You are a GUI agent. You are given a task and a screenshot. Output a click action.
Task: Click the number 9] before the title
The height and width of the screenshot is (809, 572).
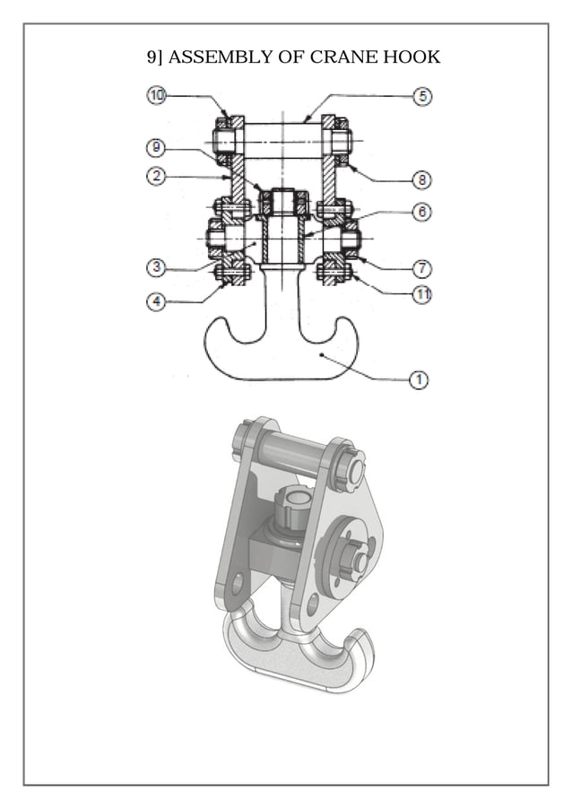155,57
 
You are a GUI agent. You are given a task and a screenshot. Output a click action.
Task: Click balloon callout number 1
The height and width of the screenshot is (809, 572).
418,379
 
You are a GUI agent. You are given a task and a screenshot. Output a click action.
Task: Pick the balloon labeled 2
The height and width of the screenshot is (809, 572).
156,177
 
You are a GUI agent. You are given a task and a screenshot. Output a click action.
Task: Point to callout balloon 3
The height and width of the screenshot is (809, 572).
156,267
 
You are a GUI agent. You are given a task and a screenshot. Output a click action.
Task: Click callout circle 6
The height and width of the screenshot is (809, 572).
421,213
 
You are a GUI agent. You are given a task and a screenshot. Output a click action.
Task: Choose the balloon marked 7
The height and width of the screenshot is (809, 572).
421,267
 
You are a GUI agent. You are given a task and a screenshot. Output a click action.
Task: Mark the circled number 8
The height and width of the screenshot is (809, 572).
421,179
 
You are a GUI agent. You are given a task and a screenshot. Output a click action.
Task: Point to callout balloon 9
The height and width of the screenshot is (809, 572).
156,146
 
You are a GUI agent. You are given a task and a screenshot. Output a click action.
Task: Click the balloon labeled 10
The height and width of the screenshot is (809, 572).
156,95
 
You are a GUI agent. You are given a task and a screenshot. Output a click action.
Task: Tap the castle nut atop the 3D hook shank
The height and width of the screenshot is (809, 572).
293,507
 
